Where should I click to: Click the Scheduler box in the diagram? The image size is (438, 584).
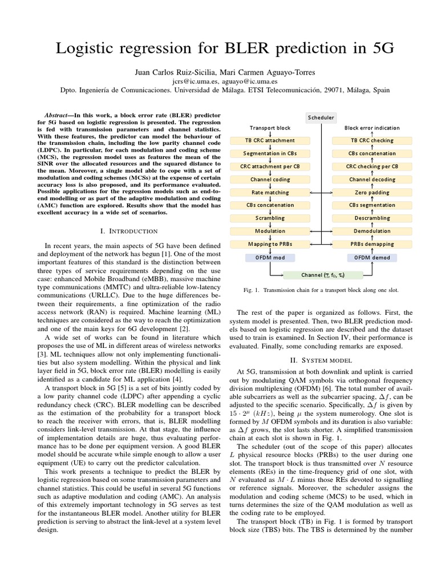pos(321,117)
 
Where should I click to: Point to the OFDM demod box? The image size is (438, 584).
pos(372,257)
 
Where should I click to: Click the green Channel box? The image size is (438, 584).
pos(323,275)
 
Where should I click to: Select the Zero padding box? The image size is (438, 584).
pos(372,192)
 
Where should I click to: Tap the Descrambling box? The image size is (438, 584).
pos(372,218)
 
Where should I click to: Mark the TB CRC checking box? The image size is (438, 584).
pos(372,140)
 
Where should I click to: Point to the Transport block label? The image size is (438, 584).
pos(270,128)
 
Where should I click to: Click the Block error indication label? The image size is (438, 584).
pos(372,128)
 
